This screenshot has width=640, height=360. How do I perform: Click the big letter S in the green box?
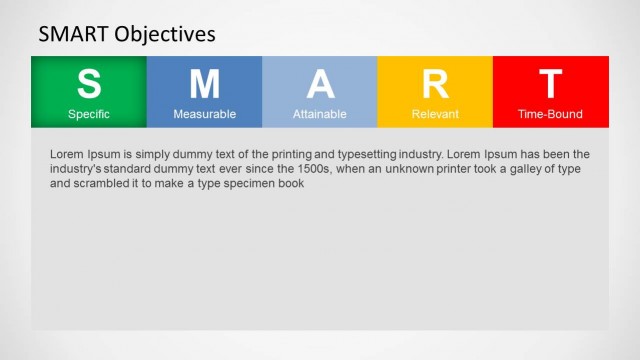point(89,84)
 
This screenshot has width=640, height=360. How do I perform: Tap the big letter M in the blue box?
point(204,84)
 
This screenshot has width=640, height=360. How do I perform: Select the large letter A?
point(320,84)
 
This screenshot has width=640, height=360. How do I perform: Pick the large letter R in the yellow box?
point(435,84)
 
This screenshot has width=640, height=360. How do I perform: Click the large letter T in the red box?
point(550,84)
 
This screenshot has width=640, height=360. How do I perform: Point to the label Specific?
point(89,114)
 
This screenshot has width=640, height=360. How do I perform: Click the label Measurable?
point(204,114)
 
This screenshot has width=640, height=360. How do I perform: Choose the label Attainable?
point(320,114)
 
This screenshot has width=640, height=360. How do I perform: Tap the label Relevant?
point(435,114)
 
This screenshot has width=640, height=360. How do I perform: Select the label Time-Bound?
point(550,114)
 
